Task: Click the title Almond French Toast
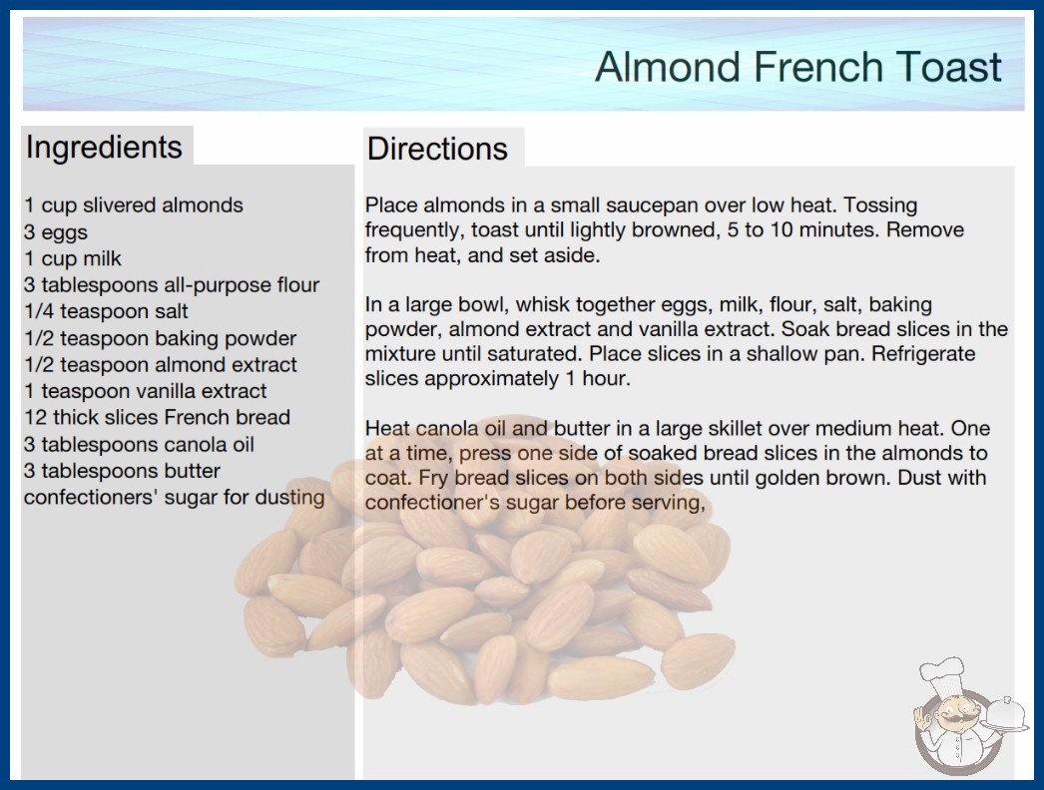click(x=797, y=67)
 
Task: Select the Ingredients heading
click(x=104, y=148)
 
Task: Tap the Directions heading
click(x=437, y=149)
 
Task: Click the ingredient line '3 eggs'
click(x=56, y=232)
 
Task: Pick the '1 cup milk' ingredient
click(x=73, y=259)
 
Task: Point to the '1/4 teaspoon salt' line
click(x=106, y=311)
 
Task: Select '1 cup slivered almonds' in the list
click(x=134, y=205)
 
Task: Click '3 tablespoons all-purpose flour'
click(x=172, y=285)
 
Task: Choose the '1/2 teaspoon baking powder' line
click(x=161, y=339)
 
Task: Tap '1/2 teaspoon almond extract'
click(x=161, y=365)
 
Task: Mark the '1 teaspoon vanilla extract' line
click(x=145, y=391)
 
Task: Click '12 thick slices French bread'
click(x=157, y=417)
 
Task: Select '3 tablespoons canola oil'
click(x=139, y=445)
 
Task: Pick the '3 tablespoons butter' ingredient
click(x=122, y=471)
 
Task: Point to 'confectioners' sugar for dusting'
click(x=175, y=498)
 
